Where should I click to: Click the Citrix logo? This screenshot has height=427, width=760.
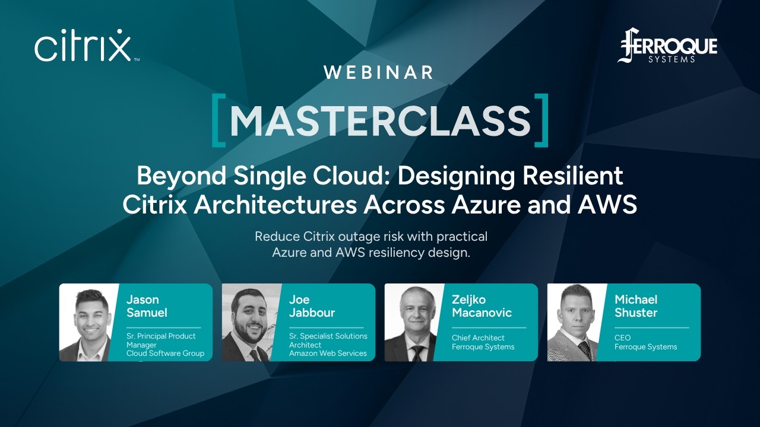pyautogui.click(x=83, y=46)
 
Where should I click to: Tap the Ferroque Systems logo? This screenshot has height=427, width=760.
pyautogui.click(x=667, y=46)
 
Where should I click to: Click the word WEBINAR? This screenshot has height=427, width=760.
pyautogui.click(x=379, y=72)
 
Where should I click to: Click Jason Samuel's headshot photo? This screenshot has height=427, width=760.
pyautogui.click(x=89, y=323)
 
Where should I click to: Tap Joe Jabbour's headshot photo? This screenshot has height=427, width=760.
pyautogui.click(x=252, y=323)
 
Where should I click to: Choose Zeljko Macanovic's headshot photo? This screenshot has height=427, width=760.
pyautogui.click(x=414, y=323)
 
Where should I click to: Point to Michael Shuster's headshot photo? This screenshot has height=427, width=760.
pyautogui.click(x=577, y=323)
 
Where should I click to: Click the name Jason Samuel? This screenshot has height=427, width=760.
pyautogui.click(x=147, y=306)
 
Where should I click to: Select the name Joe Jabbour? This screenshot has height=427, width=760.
pyautogui.click(x=312, y=306)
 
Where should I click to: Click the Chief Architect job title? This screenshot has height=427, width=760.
pyautogui.click(x=478, y=337)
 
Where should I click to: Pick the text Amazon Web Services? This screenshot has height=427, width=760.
pyautogui.click(x=328, y=353)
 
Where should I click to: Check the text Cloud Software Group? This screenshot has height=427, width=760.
pyautogui.click(x=165, y=353)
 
